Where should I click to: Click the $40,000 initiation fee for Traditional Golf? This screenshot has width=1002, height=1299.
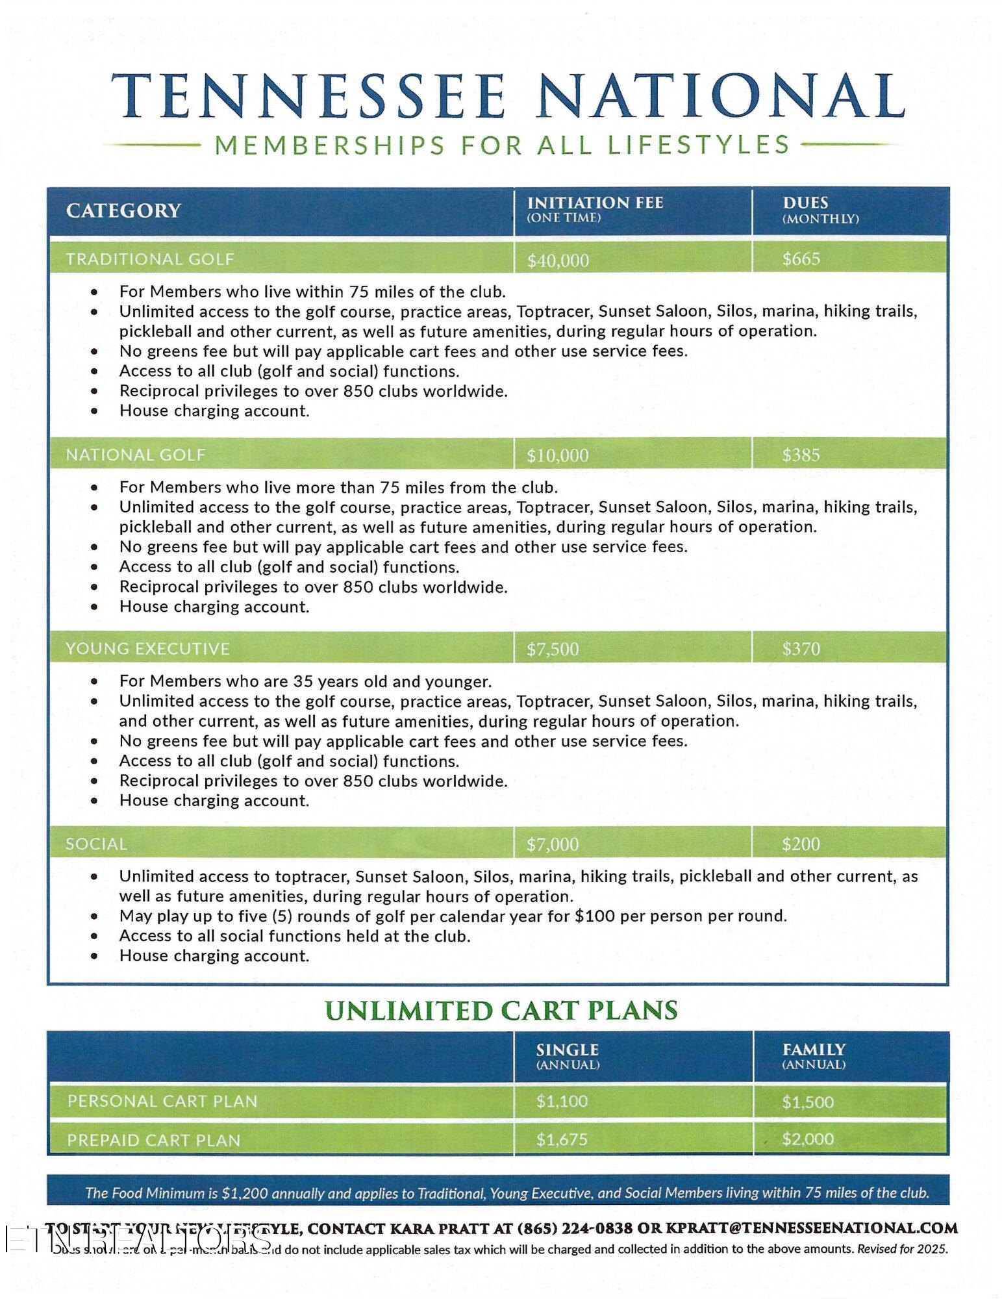click(558, 260)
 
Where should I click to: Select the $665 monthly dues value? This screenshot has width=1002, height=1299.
click(801, 259)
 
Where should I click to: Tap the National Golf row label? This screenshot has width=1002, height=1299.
click(136, 455)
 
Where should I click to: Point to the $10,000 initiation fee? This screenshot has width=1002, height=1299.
click(558, 455)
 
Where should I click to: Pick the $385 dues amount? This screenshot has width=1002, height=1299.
click(801, 455)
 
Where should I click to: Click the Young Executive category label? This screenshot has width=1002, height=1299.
click(147, 649)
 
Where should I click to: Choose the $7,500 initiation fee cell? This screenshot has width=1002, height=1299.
click(553, 649)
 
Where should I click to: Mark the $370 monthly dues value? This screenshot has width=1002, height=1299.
click(801, 649)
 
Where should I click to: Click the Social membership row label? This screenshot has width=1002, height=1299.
click(96, 844)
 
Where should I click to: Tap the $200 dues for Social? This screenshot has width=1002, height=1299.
click(801, 844)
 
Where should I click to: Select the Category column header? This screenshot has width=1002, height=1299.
click(123, 210)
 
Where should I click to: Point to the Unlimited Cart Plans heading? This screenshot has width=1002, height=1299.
click(501, 1011)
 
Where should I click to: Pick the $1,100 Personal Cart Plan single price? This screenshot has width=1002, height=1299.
click(562, 1101)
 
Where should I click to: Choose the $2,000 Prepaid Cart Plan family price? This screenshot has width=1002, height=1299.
click(808, 1139)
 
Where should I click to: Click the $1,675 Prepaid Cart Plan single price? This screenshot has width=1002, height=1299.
click(562, 1139)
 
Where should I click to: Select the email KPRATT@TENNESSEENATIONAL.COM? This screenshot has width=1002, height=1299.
click(812, 1228)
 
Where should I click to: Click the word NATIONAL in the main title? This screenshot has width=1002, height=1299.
click(721, 96)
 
